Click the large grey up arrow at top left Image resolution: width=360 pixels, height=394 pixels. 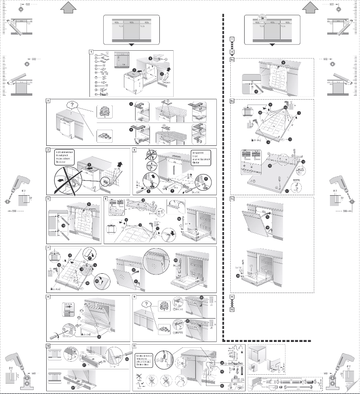tap(66, 7)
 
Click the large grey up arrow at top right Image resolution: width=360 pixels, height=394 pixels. tap(310, 7)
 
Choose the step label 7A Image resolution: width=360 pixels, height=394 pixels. tap(232, 199)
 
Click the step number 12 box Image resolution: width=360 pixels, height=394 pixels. tap(232, 309)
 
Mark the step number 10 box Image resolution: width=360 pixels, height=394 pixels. tap(48, 346)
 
